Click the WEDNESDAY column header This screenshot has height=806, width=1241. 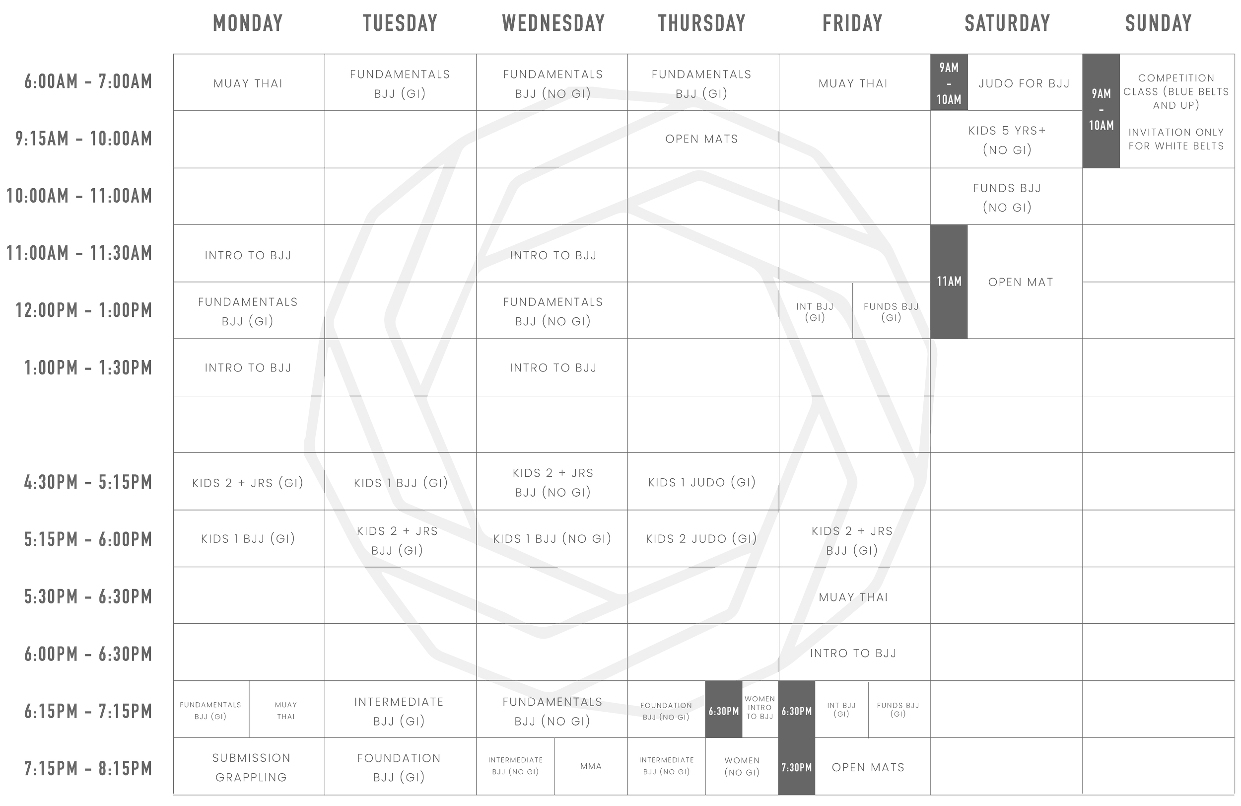[x=553, y=23]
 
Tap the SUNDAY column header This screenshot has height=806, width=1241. [x=1159, y=23]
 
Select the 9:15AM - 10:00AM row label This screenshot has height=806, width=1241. [x=84, y=139]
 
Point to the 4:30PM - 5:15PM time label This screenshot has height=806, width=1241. [x=88, y=482]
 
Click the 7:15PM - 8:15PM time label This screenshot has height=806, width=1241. [x=88, y=768]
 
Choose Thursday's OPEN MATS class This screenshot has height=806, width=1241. [x=702, y=139]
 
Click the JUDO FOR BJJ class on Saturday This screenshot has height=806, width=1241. [x=1024, y=83]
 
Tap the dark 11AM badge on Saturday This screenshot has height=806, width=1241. [x=949, y=282]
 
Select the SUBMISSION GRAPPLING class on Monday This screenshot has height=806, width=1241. [x=251, y=767]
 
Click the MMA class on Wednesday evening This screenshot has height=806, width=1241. [x=591, y=766]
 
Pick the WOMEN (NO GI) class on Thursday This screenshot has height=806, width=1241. [x=742, y=766]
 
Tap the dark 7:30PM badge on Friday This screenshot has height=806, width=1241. [x=797, y=767]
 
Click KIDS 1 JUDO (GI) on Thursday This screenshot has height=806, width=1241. [x=702, y=483]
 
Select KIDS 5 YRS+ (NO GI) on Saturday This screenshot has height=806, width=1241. [x=1007, y=141]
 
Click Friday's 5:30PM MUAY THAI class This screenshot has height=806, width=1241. [x=853, y=597]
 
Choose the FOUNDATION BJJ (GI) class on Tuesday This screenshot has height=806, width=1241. [x=399, y=767]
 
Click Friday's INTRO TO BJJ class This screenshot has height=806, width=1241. [x=853, y=653]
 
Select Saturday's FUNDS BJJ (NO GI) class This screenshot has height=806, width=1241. [x=1007, y=198]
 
